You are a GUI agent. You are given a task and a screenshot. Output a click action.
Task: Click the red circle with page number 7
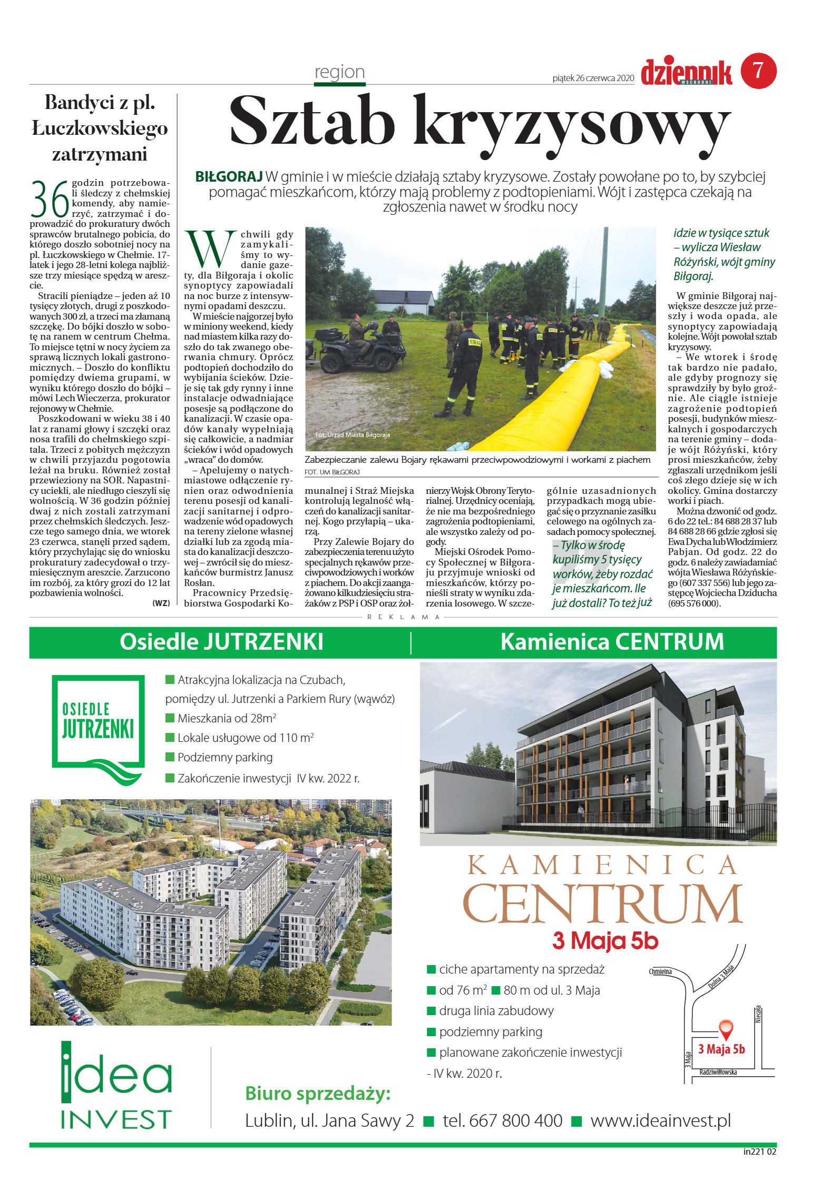[x=758, y=71]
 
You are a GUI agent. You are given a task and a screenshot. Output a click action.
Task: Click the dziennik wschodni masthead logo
[x=686, y=73]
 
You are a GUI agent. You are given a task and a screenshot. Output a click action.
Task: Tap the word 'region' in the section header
[x=339, y=72]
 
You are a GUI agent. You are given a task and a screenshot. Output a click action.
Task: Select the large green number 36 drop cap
[x=50, y=198]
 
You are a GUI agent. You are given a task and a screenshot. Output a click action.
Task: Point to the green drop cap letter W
[x=210, y=249]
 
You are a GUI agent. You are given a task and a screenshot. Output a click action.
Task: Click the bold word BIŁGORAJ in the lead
[x=229, y=177]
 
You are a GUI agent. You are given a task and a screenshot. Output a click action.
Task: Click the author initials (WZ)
[x=161, y=603]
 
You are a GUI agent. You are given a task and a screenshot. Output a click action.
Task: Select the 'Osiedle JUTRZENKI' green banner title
[x=221, y=642]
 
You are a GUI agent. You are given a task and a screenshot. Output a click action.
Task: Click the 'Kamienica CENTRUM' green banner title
[x=612, y=642]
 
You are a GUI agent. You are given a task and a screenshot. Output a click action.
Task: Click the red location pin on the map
[x=726, y=1028]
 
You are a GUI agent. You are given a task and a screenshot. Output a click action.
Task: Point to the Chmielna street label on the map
[x=660, y=971]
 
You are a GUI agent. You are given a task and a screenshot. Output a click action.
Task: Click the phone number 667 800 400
[x=502, y=1120]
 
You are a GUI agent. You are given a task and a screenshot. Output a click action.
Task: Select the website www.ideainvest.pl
[x=660, y=1120]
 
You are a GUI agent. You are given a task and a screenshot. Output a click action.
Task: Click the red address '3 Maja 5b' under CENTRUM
[x=605, y=941]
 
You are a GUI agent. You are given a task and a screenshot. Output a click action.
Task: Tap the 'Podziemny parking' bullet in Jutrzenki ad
[x=224, y=757]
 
